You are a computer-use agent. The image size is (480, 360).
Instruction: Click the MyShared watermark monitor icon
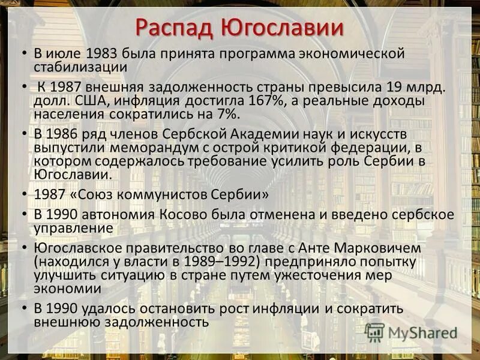coord(374,332)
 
